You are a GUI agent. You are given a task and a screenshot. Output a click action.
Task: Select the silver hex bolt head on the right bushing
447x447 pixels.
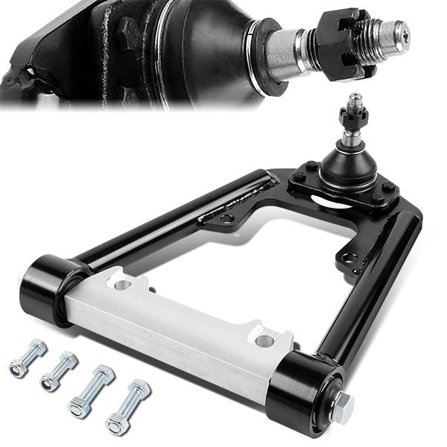coord(342,407)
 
